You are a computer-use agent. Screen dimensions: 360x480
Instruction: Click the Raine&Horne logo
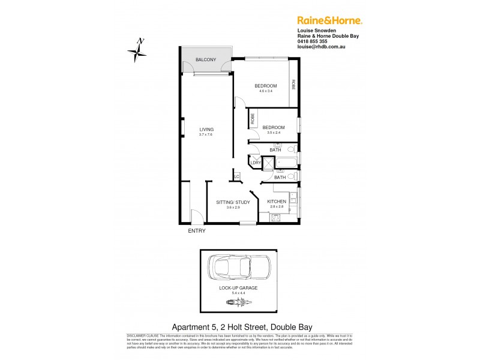pyautogui.click(x=329, y=20)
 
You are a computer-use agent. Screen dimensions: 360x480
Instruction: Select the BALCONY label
pyautogui.click(x=205, y=59)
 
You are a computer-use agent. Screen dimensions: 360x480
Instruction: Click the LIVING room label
pyautogui.click(x=206, y=130)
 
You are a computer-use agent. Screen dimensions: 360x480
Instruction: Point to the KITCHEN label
pyautogui.click(x=277, y=202)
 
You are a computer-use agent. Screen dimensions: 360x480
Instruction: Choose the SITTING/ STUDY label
pyautogui.click(x=233, y=202)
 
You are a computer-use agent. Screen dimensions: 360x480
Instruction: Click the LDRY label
pyautogui.click(x=256, y=163)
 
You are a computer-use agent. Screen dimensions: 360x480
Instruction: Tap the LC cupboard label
pyautogui.click(x=237, y=176)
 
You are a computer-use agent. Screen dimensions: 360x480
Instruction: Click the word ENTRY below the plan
pyautogui.click(x=197, y=231)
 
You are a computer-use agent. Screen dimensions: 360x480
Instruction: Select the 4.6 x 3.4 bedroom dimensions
pyautogui.click(x=265, y=91)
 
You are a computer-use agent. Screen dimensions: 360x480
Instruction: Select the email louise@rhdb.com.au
pyautogui.click(x=323, y=47)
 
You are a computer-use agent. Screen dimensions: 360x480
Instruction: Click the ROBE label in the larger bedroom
pyautogui.click(x=293, y=85)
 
